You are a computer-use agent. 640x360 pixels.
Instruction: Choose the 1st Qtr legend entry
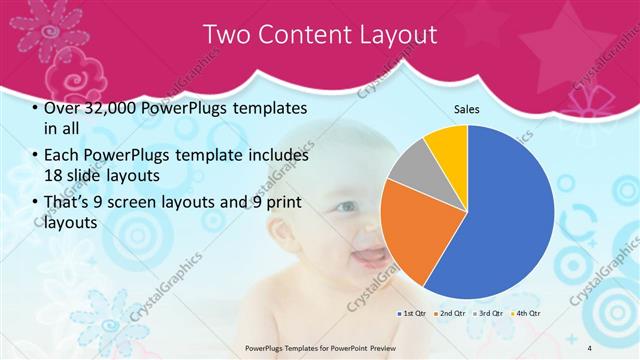[x=413, y=314]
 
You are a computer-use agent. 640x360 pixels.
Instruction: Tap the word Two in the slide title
[x=226, y=35]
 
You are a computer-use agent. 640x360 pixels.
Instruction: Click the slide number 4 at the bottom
[x=589, y=346]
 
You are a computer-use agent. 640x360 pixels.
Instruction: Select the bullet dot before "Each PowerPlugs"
[x=36, y=156]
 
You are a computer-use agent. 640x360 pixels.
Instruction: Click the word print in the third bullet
[x=278, y=203]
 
